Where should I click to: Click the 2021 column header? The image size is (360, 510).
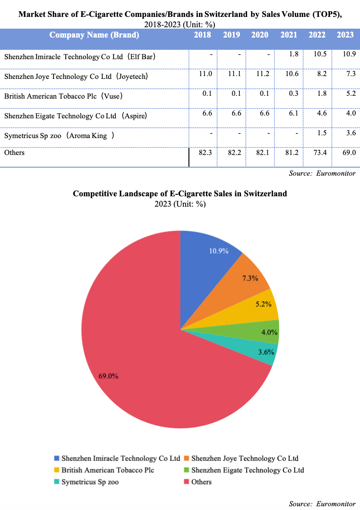pyautogui.click(x=289, y=35)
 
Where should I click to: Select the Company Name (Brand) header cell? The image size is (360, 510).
pyautogui.click(x=94, y=35)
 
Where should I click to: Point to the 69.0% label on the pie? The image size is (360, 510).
pyautogui.click(x=108, y=376)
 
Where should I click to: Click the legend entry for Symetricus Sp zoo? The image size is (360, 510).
pyautogui.click(x=89, y=482)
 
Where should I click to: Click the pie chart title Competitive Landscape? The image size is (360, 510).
pyautogui.click(x=180, y=193)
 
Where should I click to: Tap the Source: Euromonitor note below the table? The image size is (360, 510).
pyautogui.click(x=322, y=173)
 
